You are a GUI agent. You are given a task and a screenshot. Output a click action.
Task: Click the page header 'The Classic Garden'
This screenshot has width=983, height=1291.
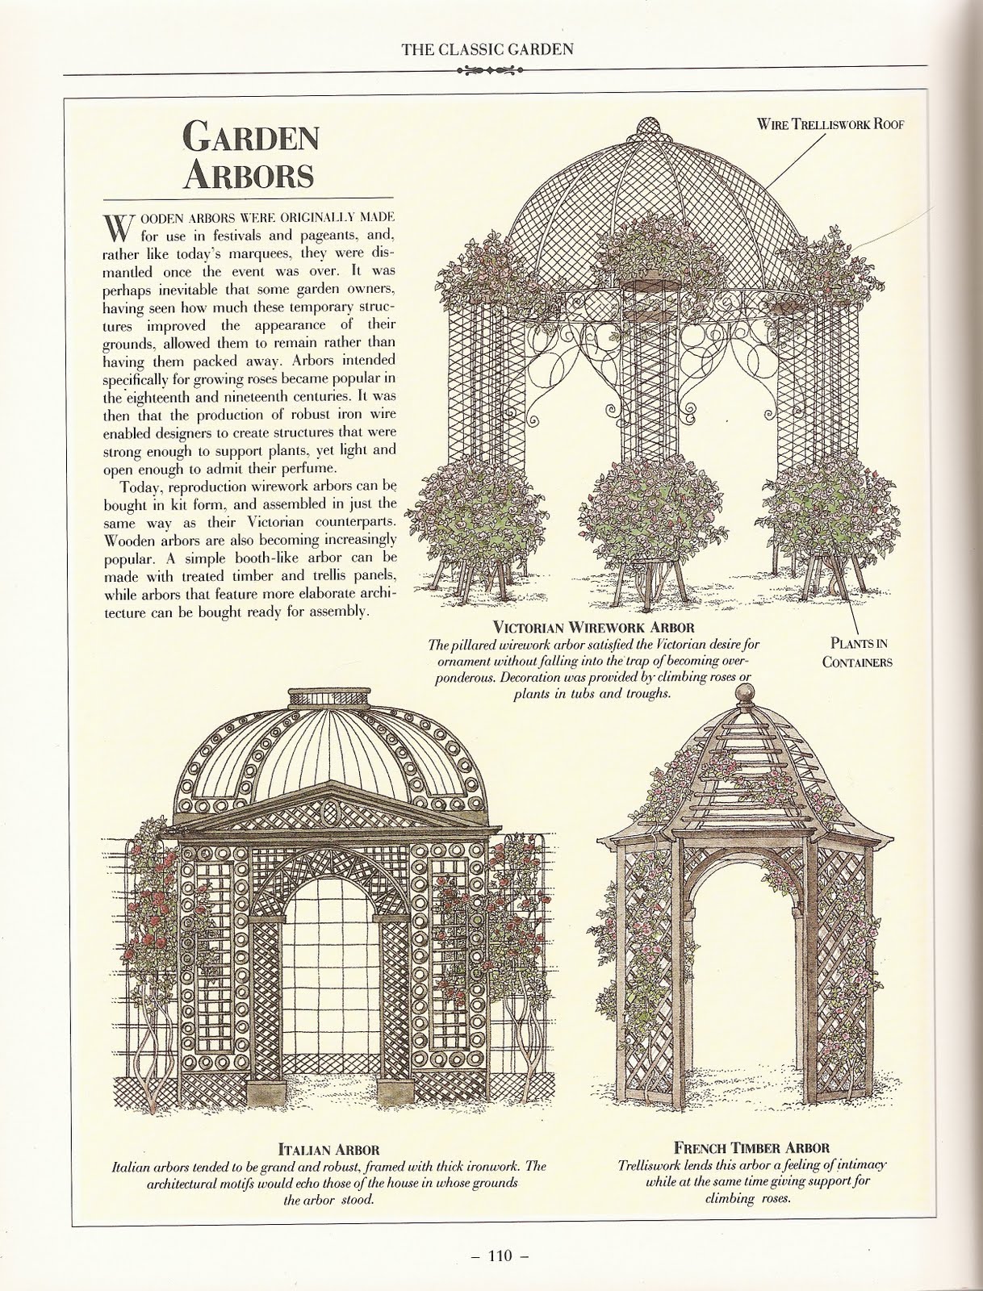(x=487, y=49)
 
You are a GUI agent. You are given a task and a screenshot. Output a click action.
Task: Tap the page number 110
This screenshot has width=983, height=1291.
(x=491, y=1255)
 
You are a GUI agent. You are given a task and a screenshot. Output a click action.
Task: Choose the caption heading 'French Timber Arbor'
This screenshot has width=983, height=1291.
(x=751, y=1147)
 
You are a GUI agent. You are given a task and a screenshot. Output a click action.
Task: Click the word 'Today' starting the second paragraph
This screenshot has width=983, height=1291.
(x=140, y=487)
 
